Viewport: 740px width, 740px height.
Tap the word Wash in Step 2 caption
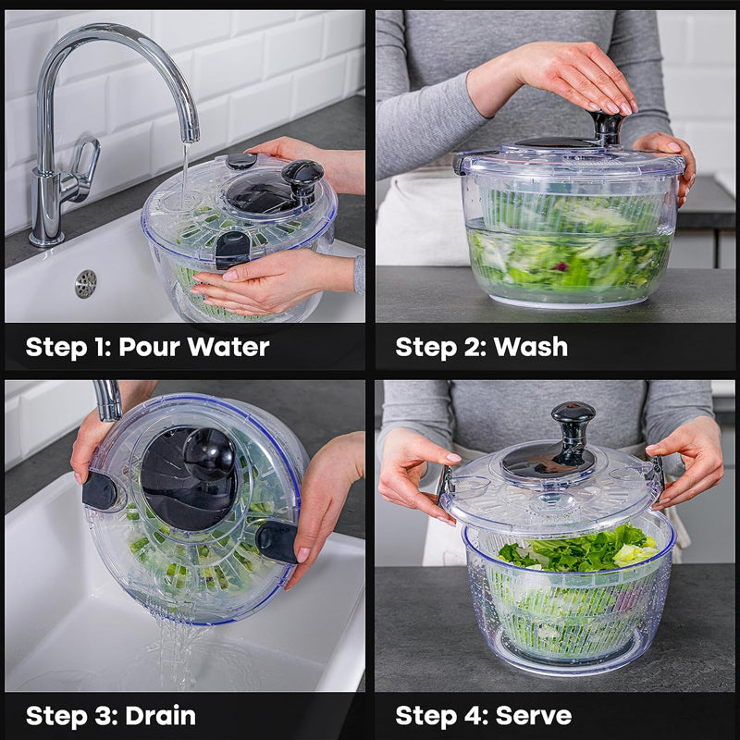[x=531, y=347]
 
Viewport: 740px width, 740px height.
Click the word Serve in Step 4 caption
[x=534, y=715]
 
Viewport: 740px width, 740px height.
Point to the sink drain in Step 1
[x=85, y=284]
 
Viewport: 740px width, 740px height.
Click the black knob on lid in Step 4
[x=573, y=425]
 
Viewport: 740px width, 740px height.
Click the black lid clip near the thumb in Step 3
[x=99, y=490]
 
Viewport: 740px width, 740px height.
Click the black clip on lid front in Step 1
[x=231, y=248]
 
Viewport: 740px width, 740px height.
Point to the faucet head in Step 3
[x=108, y=400]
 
